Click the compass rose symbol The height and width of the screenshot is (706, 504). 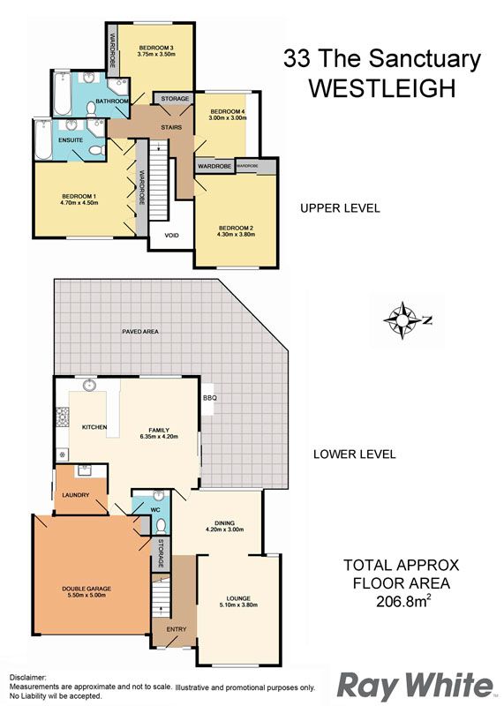(x=402, y=320)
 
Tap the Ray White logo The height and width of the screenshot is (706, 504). (x=415, y=686)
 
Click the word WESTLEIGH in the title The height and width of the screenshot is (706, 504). (x=382, y=88)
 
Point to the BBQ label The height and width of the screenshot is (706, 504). (x=210, y=398)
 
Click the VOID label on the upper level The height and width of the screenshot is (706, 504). (x=171, y=236)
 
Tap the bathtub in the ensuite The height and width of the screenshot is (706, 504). (x=43, y=139)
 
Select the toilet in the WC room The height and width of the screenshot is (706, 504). (x=161, y=525)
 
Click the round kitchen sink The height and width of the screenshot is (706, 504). (x=90, y=386)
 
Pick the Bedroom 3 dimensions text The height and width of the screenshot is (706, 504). (x=156, y=54)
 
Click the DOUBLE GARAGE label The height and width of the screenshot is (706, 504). (x=87, y=589)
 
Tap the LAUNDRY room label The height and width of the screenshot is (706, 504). (x=76, y=495)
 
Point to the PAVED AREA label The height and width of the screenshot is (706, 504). (x=140, y=332)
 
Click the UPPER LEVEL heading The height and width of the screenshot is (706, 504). (x=340, y=208)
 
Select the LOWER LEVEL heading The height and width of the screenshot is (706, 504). (x=355, y=454)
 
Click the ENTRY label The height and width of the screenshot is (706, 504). (x=177, y=629)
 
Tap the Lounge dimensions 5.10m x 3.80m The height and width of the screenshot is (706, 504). (x=238, y=605)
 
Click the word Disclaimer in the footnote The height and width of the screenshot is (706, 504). (x=28, y=677)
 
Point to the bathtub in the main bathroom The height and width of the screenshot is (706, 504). (x=62, y=94)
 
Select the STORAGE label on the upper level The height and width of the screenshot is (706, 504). (x=175, y=99)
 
